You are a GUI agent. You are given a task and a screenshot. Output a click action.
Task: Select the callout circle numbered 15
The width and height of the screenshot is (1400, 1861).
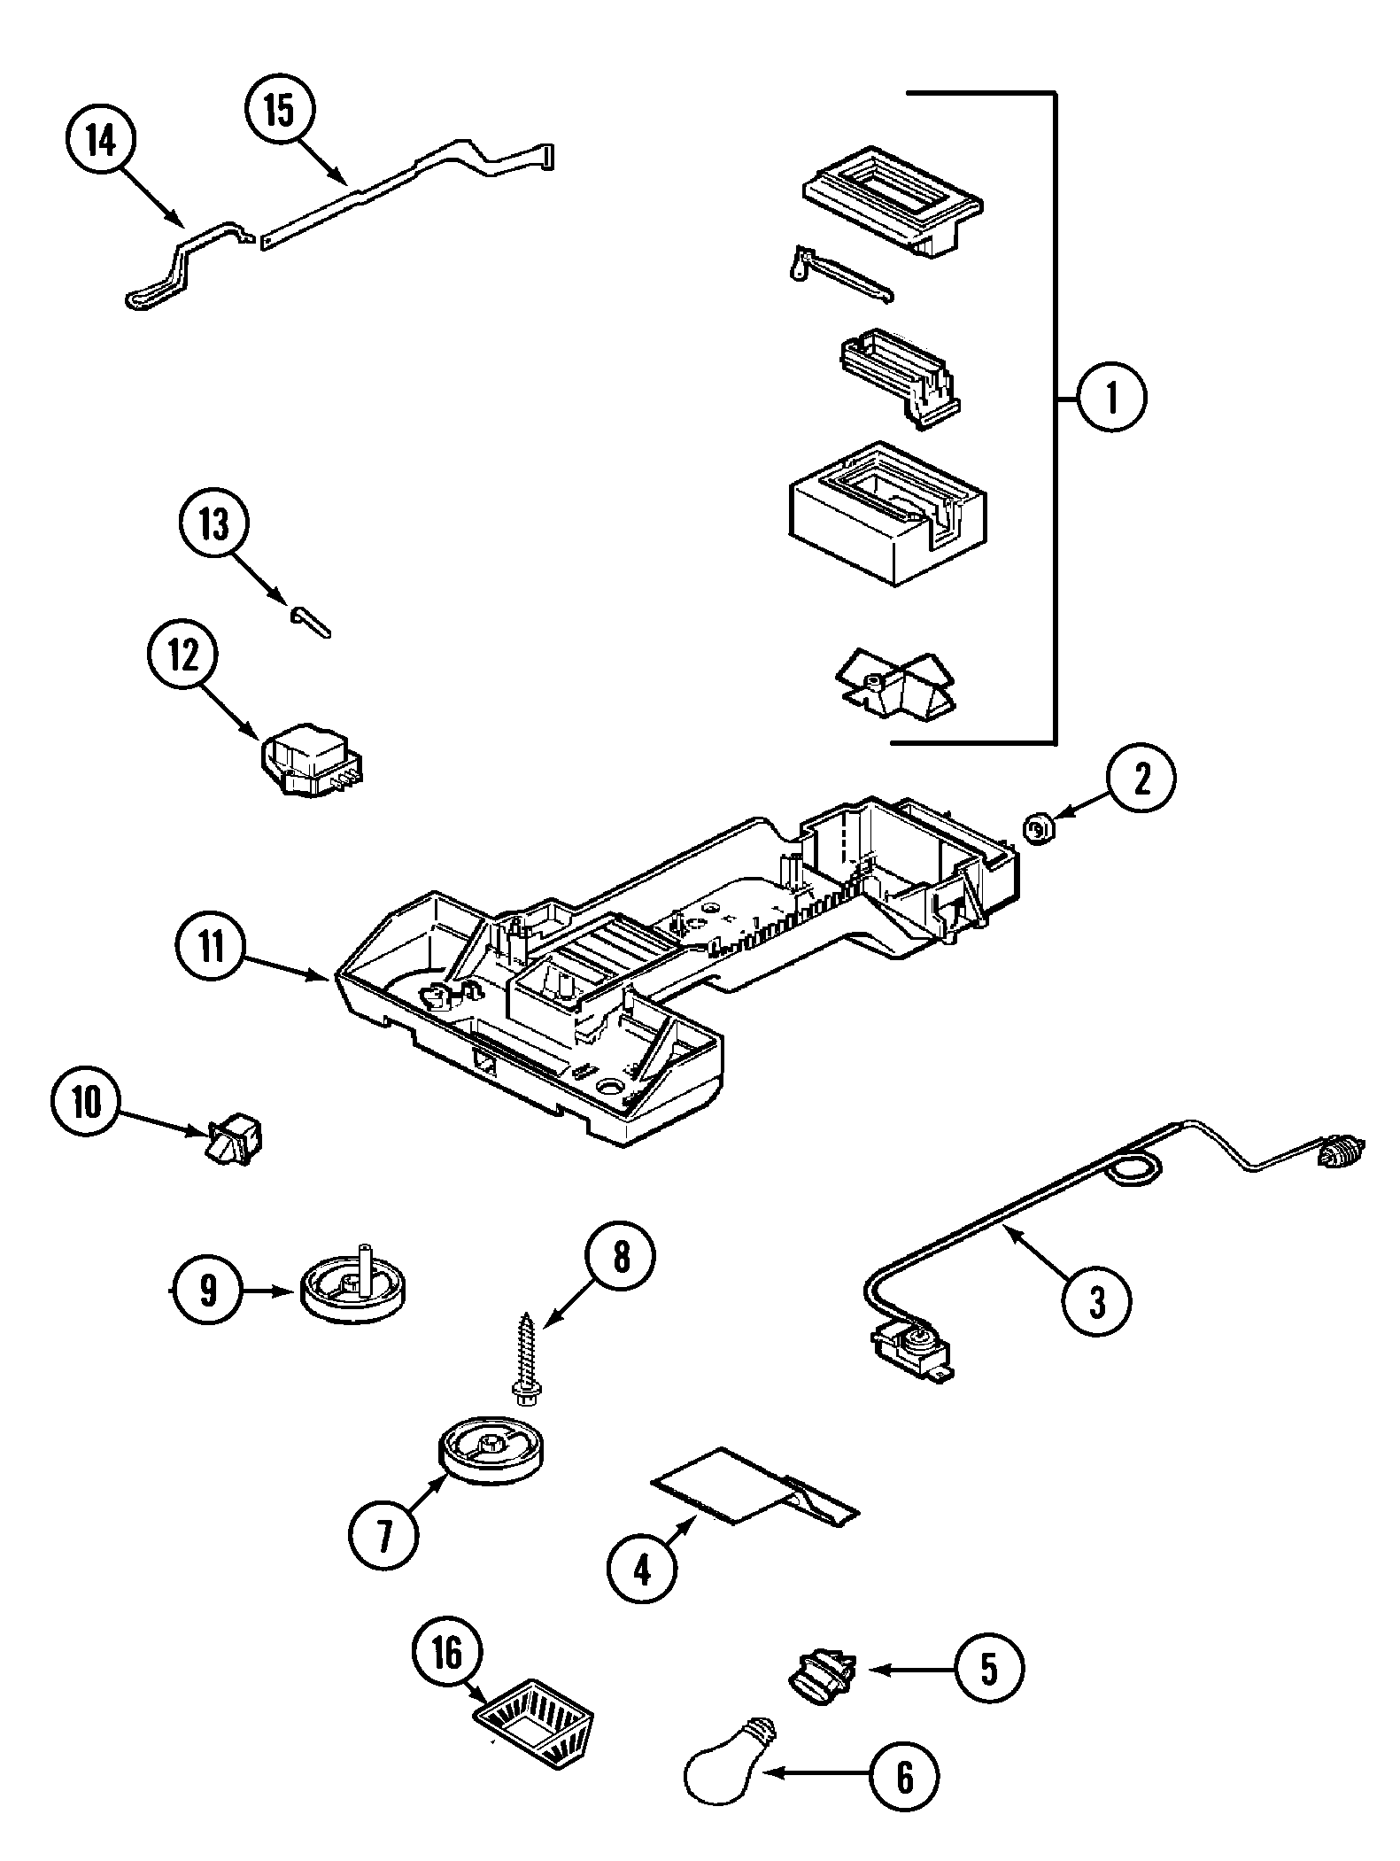coord(280,112)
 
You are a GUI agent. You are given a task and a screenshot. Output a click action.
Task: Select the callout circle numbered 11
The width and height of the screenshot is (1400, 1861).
coord(211,948)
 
